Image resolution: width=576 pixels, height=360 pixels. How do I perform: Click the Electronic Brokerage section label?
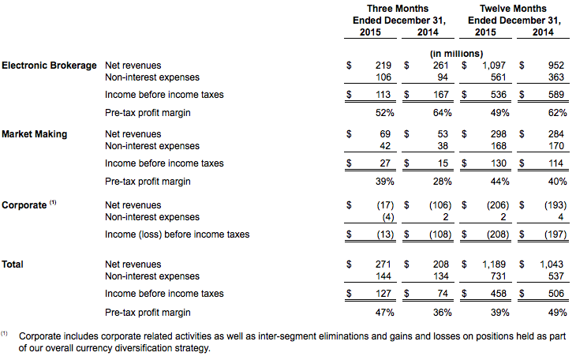[x=49, y=66]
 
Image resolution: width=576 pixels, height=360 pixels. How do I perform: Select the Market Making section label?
[x=35, y=134]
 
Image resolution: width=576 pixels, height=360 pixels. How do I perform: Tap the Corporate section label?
[x=24, y=205]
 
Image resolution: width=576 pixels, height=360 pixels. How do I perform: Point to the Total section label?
[x=13, y=264]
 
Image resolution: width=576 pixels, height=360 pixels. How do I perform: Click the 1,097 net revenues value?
[x=494, y=66]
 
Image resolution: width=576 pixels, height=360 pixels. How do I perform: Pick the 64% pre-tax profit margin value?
[x=443, y=113]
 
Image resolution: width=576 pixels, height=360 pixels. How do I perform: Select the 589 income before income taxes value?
[x=556, y=95]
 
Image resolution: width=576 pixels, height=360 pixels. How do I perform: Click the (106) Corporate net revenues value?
[x=440, y=205]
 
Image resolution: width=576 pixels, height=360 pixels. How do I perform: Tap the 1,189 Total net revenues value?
[x=494, y=264]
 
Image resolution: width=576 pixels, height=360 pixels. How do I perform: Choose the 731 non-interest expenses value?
[x=498, y=276]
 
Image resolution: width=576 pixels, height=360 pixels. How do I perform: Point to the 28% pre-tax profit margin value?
[x=443, y=182]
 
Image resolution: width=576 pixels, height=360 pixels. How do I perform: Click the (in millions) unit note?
[x=457, y=54]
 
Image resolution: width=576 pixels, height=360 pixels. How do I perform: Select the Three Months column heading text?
[x=398, y=9]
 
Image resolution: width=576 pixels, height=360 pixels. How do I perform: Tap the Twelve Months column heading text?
[x=513, y=9]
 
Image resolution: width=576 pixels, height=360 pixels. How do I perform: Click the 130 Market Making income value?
[x=499, y=163]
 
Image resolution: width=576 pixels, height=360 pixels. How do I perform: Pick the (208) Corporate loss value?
[x=498, y=234]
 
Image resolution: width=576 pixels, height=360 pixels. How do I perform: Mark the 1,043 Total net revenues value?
[x=552, y=264]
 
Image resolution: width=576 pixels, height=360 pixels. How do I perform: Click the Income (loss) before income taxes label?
[x=177, y=234]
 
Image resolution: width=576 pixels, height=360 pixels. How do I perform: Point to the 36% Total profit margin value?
[x=443, y=313]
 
